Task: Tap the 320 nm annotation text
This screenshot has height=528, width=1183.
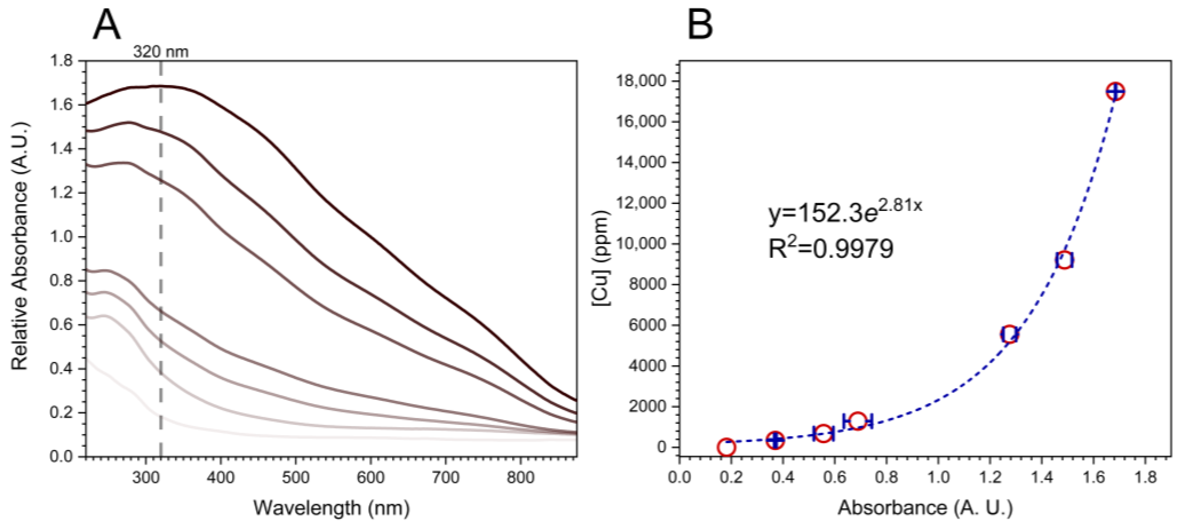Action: pyautogui.click(x=161, y=52)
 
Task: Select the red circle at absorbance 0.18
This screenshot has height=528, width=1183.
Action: pyautogui.click(x=726, y=447)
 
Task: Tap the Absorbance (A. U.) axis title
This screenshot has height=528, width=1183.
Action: pyautogui.click(x=925, y=508)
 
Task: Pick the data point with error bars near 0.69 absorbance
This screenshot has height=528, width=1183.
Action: pyautogui.click(x=857, y=421)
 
